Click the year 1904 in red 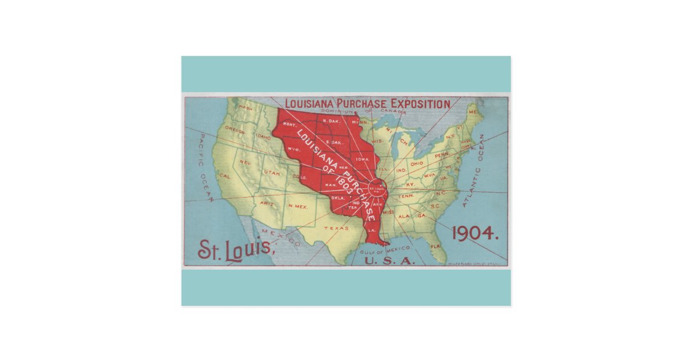[475, 233]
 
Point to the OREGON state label [235, 131]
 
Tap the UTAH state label [272, 173]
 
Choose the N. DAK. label [330, 121]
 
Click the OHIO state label [416, 163]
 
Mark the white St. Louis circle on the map [378, 187]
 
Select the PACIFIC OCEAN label [206, 168]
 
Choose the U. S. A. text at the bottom [389, 261]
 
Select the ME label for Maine [473, 112]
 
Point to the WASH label [246, 108]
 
